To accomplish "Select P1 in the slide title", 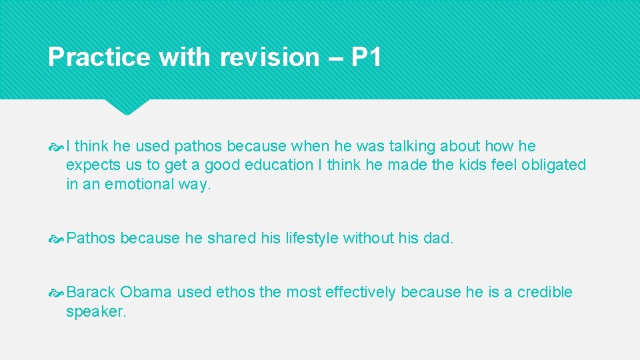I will [366, 57].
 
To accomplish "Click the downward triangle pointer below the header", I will [127, 107].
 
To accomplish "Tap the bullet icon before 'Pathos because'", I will [57, 239].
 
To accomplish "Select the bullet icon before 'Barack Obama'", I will [57, 293].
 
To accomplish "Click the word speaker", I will [95, 311].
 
